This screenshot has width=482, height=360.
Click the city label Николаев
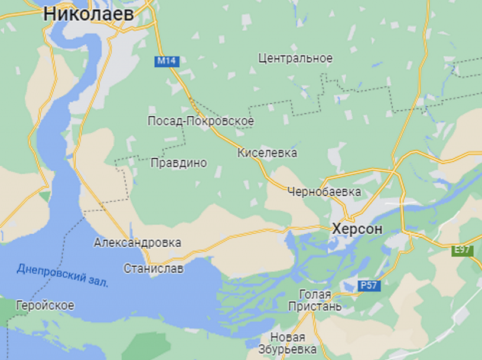[x=89, y=14]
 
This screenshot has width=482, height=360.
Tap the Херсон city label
[x=357, y=228]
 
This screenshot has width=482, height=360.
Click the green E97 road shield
[x=463, y=250]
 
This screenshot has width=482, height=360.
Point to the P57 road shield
[x=368, y=286]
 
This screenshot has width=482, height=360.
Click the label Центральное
[x=295, y=58]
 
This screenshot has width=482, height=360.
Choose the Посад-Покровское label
[x=200, y=121]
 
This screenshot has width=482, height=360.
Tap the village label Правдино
[x=179, y=163]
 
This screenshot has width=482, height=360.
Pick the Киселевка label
[x=267, y=153]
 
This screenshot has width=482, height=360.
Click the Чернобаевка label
[x=324, y=192]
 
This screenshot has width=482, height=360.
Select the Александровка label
[x=138, y=243]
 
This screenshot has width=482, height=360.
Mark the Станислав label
[x=154, y=269]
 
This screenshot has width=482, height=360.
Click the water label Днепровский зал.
[x=63, y=274]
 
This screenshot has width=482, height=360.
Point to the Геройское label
[x=45, y=305]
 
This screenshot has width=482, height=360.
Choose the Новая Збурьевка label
[x=288, y=343]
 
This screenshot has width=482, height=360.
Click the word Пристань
[x=314, y=306]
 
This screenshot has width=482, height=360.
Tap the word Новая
[x=288, y=337]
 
